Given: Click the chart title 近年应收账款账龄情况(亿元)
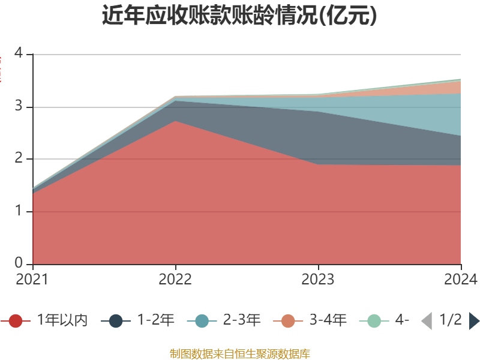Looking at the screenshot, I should tap(239, 16).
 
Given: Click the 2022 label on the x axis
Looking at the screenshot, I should tap(175, 279).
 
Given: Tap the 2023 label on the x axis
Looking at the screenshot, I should tap(318, 279).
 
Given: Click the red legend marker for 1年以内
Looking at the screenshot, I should tap(16, 321).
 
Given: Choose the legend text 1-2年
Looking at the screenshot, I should tap(156, 320).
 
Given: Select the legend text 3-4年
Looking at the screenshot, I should tap(328, 320).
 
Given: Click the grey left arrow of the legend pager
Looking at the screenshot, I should tap(427, 321).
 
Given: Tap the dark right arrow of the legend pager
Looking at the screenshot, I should tap(474, 321).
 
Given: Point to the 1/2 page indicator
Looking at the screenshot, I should tap(450, 320).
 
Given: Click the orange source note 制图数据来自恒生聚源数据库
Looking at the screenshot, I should tap(239, 353).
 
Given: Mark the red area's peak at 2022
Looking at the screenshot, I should tap(175, 121).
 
